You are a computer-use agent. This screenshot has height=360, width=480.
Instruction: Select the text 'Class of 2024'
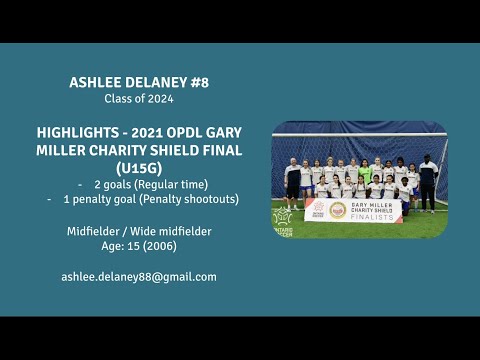[x=138, y=98]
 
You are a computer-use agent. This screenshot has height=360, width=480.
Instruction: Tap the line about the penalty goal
[x=151, y=199]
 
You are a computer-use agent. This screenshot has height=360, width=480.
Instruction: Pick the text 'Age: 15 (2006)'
[x=138, y=245]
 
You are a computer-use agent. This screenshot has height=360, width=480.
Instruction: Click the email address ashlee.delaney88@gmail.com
[x=138, y=276]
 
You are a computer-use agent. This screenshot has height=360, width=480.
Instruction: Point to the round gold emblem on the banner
[x=337, y=210]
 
